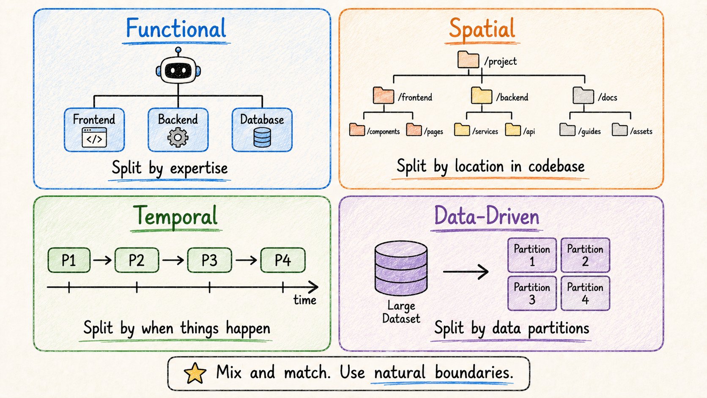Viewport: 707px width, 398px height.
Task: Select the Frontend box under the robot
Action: pyautogui.click(x=94, y=130)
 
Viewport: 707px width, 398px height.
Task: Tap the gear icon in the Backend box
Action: pyautogui.click(x=178, y=137)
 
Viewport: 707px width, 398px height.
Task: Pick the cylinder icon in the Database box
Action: pyautogui.click(x=262, y=137)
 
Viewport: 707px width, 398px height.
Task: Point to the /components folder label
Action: pyautogui.click(x=383, y=131)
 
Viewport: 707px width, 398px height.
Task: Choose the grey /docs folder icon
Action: pyautogui.click(x=583, y=95)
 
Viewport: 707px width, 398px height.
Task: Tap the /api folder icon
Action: pyautogui.click(x=513, y=129)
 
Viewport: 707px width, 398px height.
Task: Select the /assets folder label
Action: pyautogui.click(x=641, y=131)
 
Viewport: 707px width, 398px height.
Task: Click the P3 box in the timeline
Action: pyautogui.click(x=210, y=260)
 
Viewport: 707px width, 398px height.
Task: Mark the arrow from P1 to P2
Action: pyautogui.click(x=103, y=260)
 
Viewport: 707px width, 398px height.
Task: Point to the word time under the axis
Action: pyautogui.click(x=304, y=300)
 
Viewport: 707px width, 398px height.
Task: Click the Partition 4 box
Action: pyautogui.click(x=585, y=293)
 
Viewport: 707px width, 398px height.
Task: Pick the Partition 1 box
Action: pyautogui.click(x=532, y=255)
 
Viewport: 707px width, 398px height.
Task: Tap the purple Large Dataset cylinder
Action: pyautogui.click(x=401, y=268)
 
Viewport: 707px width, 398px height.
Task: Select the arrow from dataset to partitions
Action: pyautogui.click(x=466, y=272)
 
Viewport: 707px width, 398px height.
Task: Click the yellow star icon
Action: pyautogui.click(x=195, y=373)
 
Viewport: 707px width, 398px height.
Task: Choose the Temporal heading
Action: pyautogui.click(x=175, y=216)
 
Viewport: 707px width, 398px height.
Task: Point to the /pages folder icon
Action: pyautogui.click(x=414, y=129)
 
